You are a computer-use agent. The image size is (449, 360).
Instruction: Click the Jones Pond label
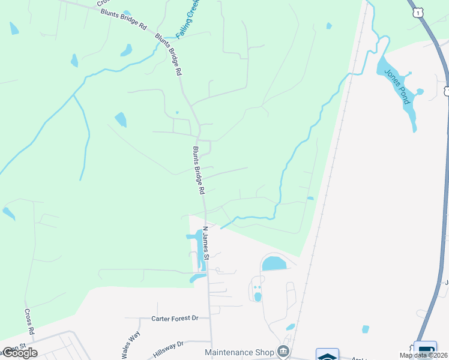398,86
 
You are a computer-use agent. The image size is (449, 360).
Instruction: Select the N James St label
205,242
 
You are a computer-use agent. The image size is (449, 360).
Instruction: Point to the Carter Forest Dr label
175,318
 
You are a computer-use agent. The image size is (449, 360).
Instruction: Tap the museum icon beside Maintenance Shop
283,352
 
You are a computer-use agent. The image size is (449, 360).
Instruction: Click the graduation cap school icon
327,355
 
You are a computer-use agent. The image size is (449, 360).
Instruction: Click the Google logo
20,353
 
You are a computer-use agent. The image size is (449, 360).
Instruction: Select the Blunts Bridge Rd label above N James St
199,170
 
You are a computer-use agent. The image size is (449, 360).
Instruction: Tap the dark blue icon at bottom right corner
426,351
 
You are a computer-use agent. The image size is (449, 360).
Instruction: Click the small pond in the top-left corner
13,28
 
